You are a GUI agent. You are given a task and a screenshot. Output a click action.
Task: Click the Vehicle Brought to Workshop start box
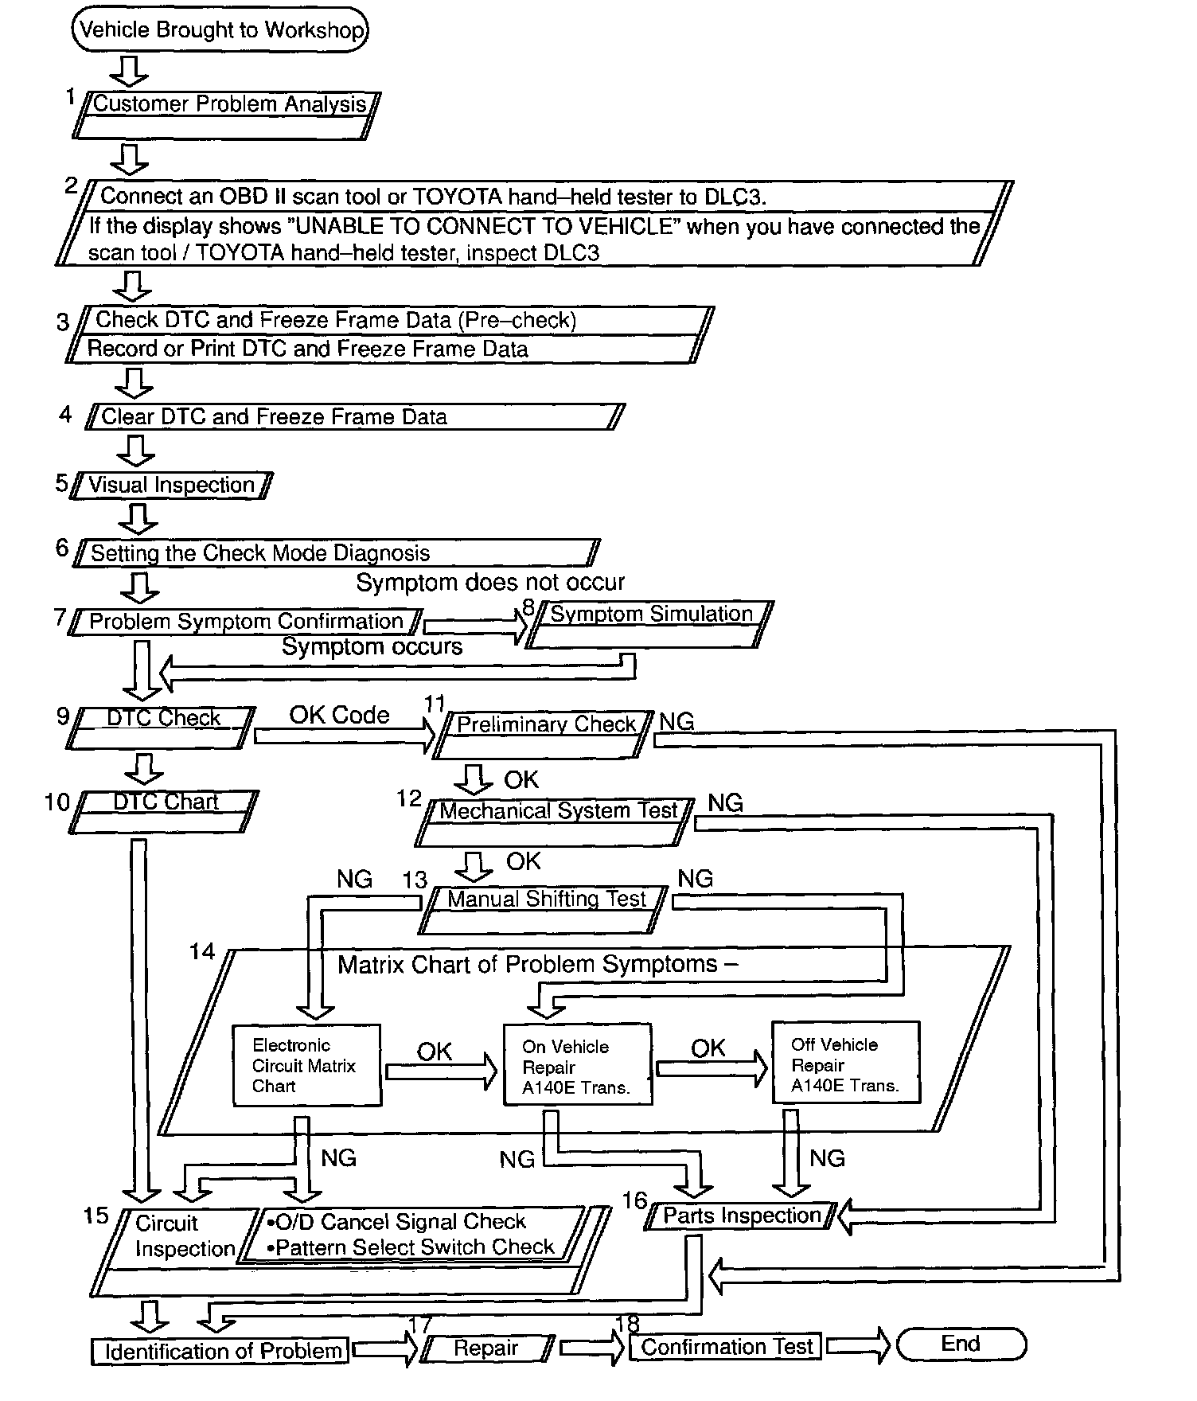coord(220,30)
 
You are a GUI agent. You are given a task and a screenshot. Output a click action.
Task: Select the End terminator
coord(961,1344)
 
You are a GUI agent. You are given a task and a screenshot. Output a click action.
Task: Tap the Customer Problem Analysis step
coord(227,115)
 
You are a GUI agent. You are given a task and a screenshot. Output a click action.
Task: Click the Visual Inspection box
coord(171,485)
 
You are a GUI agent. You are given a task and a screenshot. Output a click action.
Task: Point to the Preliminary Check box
coord(544,734)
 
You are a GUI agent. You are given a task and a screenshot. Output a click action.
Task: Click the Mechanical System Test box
coord(556,821)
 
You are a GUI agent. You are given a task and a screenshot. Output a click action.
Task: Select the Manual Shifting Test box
coord(544,909)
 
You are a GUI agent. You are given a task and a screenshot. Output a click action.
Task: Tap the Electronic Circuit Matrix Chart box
coord(306,1065)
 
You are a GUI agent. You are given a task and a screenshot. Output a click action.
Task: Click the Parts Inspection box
coord(741,1216)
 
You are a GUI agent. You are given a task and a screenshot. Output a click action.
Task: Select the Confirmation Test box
coord(727,1347)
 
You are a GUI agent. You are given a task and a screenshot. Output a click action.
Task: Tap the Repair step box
coord(486,1348)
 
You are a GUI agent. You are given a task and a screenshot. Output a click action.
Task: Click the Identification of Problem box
coord(220,1351)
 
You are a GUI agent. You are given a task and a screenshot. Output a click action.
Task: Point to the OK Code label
coord(339,715)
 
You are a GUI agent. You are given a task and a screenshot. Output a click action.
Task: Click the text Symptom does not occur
coord(490,583)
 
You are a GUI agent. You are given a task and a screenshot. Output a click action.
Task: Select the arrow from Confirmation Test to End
coord(860,1345)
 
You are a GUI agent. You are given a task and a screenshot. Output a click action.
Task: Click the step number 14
coord(202,951)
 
